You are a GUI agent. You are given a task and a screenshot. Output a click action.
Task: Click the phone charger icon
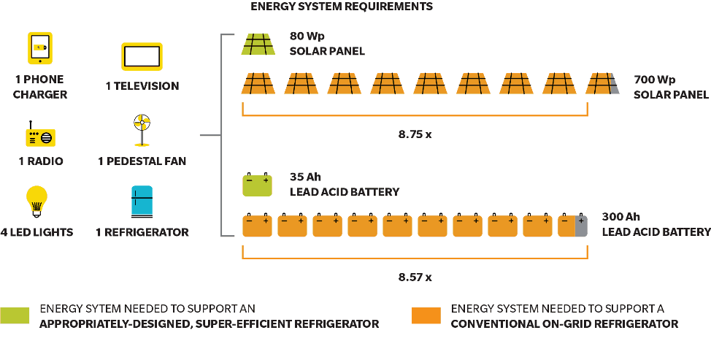click(41, 47)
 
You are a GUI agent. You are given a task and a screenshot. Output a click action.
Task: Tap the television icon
click(142, 57)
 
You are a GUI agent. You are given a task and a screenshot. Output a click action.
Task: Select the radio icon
click(40, 136)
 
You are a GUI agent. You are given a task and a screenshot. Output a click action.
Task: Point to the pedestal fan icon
click(142, 131)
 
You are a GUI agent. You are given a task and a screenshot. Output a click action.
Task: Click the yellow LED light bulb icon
click(36, 202)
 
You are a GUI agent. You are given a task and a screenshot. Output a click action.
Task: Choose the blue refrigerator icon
click(142, 202)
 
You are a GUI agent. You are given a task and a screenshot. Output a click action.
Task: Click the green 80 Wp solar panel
click(258, 44)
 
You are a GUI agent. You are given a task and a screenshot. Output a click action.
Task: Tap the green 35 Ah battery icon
click(257, 185)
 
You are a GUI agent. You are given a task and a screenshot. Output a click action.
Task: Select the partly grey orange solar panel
click(602, 83)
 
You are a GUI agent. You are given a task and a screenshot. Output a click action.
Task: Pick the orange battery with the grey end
click(572, 226)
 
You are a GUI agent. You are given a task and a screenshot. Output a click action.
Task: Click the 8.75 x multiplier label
click(415, 135)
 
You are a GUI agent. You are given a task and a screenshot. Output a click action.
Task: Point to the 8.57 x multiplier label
click(415, 277)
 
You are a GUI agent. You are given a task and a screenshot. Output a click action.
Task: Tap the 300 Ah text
click(620, 217)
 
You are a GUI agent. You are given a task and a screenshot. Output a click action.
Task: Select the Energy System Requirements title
click(342, 7)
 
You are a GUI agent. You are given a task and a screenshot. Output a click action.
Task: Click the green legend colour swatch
click(15, 315)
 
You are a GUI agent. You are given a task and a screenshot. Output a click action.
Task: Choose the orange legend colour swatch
click(426, 315)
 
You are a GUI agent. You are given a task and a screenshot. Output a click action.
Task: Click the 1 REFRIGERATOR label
click(142, 232)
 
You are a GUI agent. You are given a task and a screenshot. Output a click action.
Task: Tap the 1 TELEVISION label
click(142, 86)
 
